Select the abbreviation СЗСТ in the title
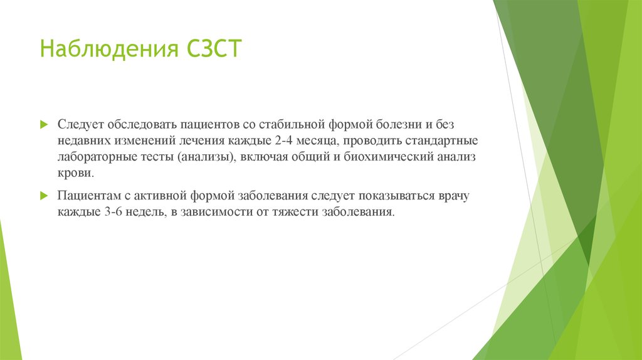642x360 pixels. pyautogui.click(x=214, y=48)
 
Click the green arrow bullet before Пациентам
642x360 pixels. pyautogui.click(x=43, y=196)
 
